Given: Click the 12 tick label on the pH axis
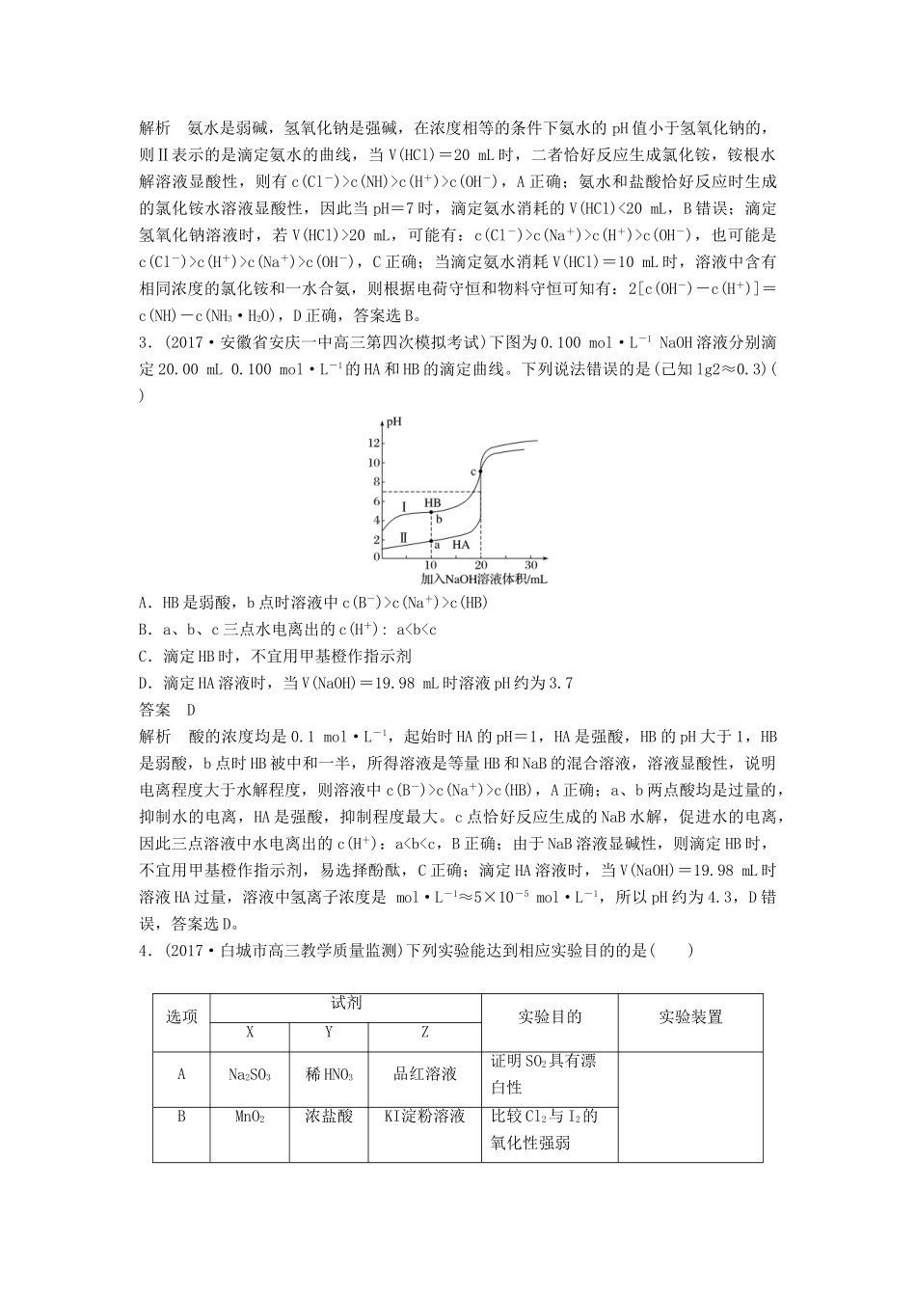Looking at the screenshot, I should click(375, 443).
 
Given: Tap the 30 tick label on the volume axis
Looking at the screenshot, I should click(530, 565).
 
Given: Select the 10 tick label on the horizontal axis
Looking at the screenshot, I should click(430, 565).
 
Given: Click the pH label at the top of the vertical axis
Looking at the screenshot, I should click(393, 421).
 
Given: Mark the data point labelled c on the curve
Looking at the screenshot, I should click(480, 471).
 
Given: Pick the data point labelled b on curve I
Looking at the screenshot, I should click(431, 513).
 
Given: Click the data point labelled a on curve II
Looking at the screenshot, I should click(431, 541).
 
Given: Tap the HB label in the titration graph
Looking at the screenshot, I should click(432, 503).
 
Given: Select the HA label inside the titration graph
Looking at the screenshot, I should click(461, 544).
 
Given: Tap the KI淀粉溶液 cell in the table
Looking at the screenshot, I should click(424, 1117).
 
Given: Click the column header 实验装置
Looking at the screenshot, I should click(690, 1016).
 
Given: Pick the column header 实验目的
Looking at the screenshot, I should click(550, 1016).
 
